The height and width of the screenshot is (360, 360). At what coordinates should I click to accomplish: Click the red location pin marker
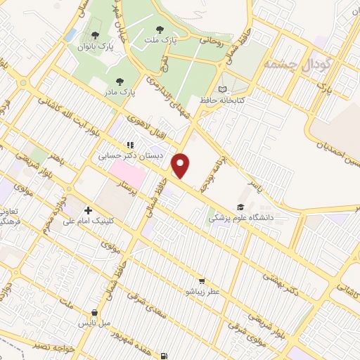(181, 166)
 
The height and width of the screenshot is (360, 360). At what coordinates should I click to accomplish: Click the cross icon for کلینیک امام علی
(88, 210)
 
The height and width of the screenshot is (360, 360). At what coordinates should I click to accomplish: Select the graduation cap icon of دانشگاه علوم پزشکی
(241, 207)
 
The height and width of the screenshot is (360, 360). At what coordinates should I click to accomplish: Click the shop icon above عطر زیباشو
(202, 280)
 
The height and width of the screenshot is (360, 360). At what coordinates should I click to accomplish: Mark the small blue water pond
(70, 34)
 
